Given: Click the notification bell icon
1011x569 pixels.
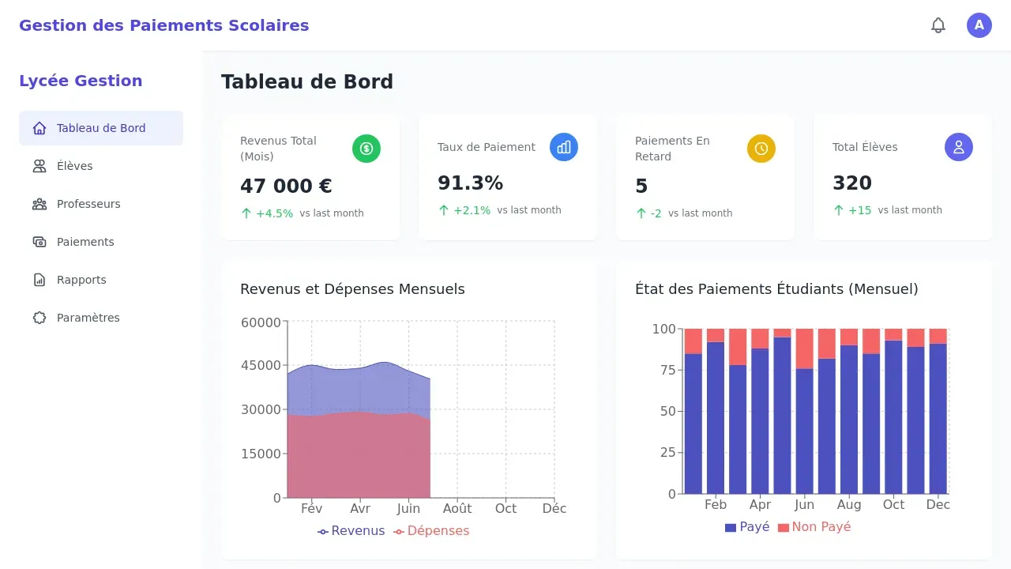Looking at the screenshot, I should point(938,25).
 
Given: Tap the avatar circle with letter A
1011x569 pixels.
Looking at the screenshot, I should point(979,25).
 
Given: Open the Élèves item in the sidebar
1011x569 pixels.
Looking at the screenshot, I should point(74,166).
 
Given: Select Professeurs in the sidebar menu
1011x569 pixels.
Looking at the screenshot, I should point(88,204).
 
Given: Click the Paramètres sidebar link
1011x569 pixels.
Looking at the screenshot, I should point(88,318).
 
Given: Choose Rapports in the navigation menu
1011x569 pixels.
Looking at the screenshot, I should point(81,280).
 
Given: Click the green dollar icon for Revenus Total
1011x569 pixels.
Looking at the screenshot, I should point(366,149).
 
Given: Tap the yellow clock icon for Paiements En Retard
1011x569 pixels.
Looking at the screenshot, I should point(761,149).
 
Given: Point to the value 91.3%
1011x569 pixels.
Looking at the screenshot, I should point(470,183).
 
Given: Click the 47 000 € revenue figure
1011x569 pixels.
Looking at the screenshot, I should point(286,187).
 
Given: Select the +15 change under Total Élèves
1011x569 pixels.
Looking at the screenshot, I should point(859,210).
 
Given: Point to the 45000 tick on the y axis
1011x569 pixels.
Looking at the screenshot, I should point(261,365).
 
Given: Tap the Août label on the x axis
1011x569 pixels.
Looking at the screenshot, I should point(457,508).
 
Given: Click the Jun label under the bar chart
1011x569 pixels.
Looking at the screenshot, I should point(804,504).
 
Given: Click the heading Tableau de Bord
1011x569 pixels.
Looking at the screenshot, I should point(307,82).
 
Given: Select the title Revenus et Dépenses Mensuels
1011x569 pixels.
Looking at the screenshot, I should point(352,289).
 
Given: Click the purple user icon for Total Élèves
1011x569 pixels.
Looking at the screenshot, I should point(959,147).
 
